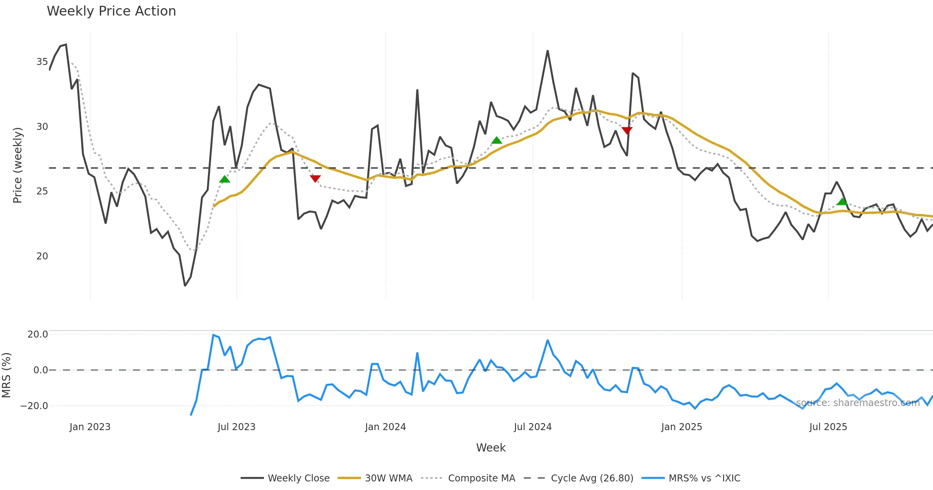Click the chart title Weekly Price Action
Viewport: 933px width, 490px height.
111,11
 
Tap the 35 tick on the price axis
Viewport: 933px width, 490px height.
42,62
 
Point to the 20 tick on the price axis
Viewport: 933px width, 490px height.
42,256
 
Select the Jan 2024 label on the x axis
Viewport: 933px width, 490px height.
385,427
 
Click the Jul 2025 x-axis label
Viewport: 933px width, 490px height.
828,427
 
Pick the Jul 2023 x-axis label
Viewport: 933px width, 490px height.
236,427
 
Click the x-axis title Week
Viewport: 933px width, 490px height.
491,448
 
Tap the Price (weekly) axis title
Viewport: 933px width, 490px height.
17,165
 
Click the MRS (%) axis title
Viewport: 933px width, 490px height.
7,375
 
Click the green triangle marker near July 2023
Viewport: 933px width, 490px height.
225,179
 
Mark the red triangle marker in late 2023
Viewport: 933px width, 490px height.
315,178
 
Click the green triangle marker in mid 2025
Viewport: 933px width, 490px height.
842,201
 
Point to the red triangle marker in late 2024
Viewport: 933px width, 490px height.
627,130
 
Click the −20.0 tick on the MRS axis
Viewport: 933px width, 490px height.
34,406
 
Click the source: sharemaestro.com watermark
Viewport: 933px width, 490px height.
858,403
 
